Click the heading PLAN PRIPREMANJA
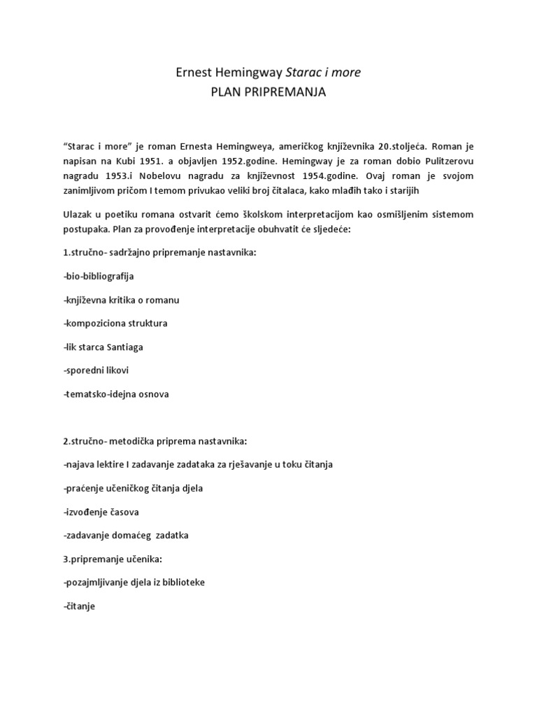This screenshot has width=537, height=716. click(x=268, y=92)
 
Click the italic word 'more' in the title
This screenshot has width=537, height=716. click(x=346, y=73)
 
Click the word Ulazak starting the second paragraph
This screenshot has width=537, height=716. click(x=79, y=214)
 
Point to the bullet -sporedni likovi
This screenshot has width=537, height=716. click(x=96, y=370)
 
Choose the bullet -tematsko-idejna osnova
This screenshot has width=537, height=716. click(x=115, y=394)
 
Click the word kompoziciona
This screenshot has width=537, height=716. click(x=97, y=323)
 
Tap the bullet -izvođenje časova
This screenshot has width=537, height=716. click(x=101, y=512)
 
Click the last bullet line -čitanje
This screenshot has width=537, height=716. click(x=78, y=606)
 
